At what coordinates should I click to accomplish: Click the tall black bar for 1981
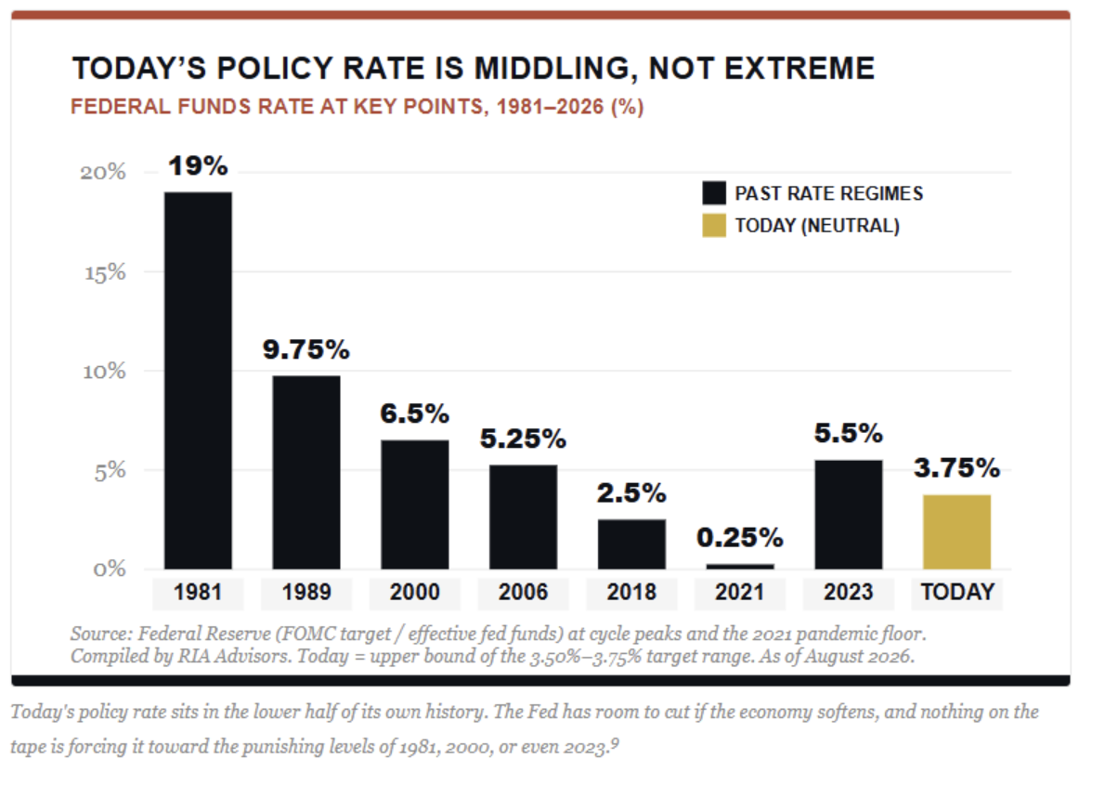coord(198,380)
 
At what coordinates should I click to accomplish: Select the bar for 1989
coord(306,472)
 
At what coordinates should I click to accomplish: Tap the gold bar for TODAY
coord(956,531)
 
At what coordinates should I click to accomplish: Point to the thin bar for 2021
coord(740,567)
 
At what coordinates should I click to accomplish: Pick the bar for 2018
coord(631,544)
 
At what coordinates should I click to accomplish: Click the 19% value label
coord(198,165)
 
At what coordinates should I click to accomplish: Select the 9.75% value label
coord(306,349)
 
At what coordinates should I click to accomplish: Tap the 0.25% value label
coord(740,537)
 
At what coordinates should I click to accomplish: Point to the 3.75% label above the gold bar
coord(956,468)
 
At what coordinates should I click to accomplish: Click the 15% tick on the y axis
coord(105,273)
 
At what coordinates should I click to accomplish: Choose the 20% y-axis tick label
coord(103,172)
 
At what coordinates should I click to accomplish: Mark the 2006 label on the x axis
coord(523,592)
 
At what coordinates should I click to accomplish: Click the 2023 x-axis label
coord(849,592)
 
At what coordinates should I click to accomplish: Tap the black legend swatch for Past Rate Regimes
coord(714,192)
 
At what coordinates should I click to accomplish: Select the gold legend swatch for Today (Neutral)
coord(714,225)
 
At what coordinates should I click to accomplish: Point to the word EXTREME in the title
coord(799,68)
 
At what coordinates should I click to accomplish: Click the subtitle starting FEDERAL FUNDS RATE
coord(357,107)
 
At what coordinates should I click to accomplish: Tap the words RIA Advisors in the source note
coord(234,656)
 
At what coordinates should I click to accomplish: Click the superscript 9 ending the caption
coord(615,743)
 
